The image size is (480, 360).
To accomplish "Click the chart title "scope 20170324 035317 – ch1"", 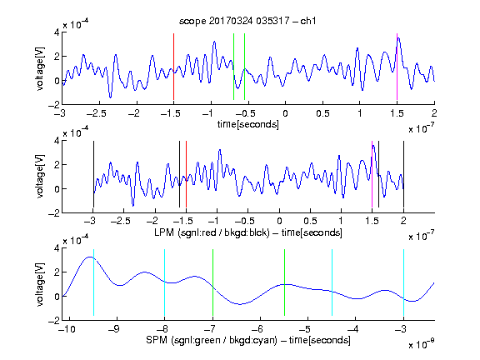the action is [247, 21].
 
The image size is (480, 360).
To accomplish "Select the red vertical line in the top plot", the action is [173, 67].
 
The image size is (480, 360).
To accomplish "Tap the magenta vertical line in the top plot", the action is [397, 67].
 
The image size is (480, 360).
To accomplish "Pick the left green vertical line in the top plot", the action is [233, 67].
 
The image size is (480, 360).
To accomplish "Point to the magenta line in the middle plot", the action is [372, 174].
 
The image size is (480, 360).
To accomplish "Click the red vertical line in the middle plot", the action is [186, 174].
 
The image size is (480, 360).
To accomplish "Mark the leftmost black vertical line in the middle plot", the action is [93, 174].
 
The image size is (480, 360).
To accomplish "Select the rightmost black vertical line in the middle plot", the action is [403, 174].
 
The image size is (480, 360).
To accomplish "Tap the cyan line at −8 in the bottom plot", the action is [165, 282].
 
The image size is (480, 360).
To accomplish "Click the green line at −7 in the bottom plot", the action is [212, 282].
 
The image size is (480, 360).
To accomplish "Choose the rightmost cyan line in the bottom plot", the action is [403, 282].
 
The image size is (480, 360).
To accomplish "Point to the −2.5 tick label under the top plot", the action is [96, 113].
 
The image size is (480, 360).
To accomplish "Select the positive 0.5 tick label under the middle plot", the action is [310, 221].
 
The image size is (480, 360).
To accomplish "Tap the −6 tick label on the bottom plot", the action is [257, 329].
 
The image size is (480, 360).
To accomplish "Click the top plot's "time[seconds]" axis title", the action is [248, 124].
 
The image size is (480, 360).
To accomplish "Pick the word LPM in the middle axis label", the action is [164, 232].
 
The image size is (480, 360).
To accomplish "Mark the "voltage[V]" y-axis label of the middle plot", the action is [40, 176].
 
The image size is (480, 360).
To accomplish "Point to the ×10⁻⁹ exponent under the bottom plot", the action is [421, 344].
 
